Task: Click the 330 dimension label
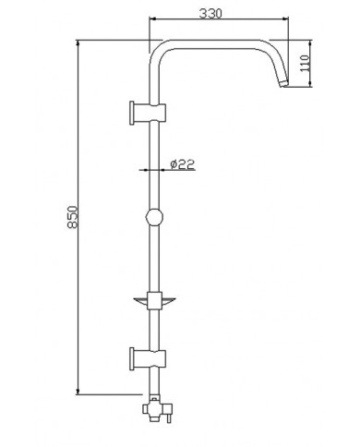210,14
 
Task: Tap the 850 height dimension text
73,217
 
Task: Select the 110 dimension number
305,63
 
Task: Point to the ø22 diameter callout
183,164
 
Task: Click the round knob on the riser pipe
154,217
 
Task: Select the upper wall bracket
148,113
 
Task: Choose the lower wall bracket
148,358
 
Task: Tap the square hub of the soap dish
154,301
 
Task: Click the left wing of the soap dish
141,301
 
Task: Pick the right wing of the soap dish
168,301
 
